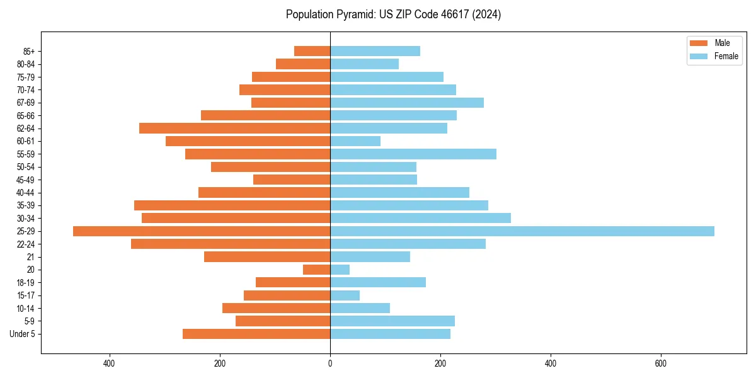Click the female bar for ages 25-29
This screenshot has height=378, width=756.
522,231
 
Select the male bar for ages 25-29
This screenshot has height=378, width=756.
202,231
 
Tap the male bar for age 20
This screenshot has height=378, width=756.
316,270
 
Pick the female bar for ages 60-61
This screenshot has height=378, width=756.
355,141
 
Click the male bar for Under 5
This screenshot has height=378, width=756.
256,334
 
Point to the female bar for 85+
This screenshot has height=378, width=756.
375,51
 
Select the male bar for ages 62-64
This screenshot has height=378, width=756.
234,129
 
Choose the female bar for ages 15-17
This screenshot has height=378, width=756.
345,295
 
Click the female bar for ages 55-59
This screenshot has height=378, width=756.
413,154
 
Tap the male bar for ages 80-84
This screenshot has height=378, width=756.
303,64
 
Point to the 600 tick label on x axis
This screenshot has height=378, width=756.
661,364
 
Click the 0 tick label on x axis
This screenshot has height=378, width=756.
330,364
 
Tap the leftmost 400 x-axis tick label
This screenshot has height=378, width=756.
110,364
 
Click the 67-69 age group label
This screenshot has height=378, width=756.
25,103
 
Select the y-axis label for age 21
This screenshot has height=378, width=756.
30,257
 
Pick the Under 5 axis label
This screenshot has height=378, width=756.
23,334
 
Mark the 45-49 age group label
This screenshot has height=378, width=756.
25,180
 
